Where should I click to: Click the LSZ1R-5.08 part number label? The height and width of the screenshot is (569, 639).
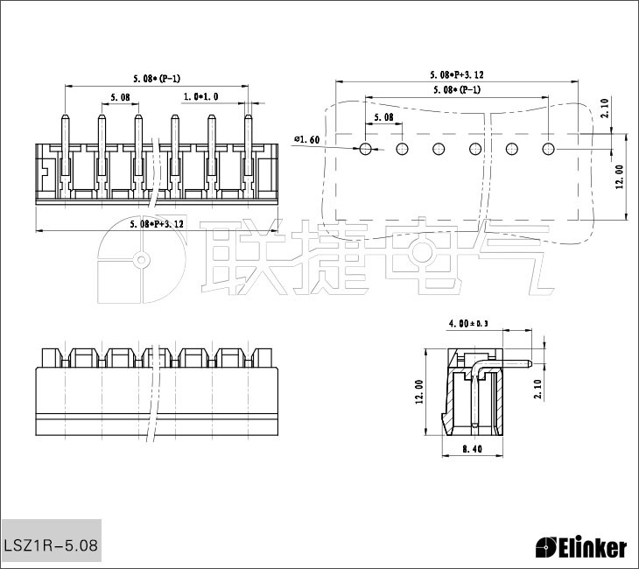pyautogui.click(x=51, y=546)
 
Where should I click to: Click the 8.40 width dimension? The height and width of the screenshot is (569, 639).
pyautogui.click(x=473, y=450)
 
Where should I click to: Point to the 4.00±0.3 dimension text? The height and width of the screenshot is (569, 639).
pyautogui.click(x=467, y=324)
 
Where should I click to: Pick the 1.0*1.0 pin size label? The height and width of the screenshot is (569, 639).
pyautogui.click(x=200, y=96)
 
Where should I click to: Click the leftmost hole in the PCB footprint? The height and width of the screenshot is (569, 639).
pyautogui.click(x=366, y=149)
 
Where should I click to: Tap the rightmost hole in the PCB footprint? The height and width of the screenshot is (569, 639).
pyautogui.click(x=549, y=149)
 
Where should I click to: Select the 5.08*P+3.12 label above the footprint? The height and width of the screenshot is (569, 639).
pyautogui.click(x=457, y=75)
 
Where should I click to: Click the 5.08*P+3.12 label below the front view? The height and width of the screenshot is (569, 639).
pyautogui.click(x=157, y=224)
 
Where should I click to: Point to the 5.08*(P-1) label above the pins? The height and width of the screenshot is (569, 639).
pyautogui.click(x=157, y=79)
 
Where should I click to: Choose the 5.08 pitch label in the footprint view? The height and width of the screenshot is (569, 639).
pyautogui.click(x=383, y=116)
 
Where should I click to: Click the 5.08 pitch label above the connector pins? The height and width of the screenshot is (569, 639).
pyautogui.click(x=120, y=96)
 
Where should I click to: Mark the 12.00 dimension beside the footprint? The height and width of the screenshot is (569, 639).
pyautogui.click(x=620, y=176)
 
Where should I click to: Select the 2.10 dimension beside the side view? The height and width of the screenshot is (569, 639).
pyautogui.click(x=537, y=389)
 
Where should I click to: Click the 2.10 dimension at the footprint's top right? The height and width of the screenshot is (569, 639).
pyautogui.click(x=606, y=109)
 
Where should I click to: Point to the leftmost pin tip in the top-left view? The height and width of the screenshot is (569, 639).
pyautogui.click(x=66, y=117)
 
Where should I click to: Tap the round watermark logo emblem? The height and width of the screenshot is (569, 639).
pyautogui.click(x=140, y=260)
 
